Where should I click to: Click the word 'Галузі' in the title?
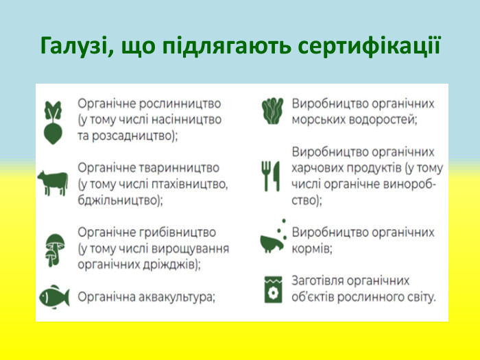[75, 45]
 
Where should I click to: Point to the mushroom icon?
[53, 248]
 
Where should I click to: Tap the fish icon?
[53, 296]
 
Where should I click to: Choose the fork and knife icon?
[271, 176]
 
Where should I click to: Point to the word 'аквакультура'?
[176, 297]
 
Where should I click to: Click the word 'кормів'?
[311, 249]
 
